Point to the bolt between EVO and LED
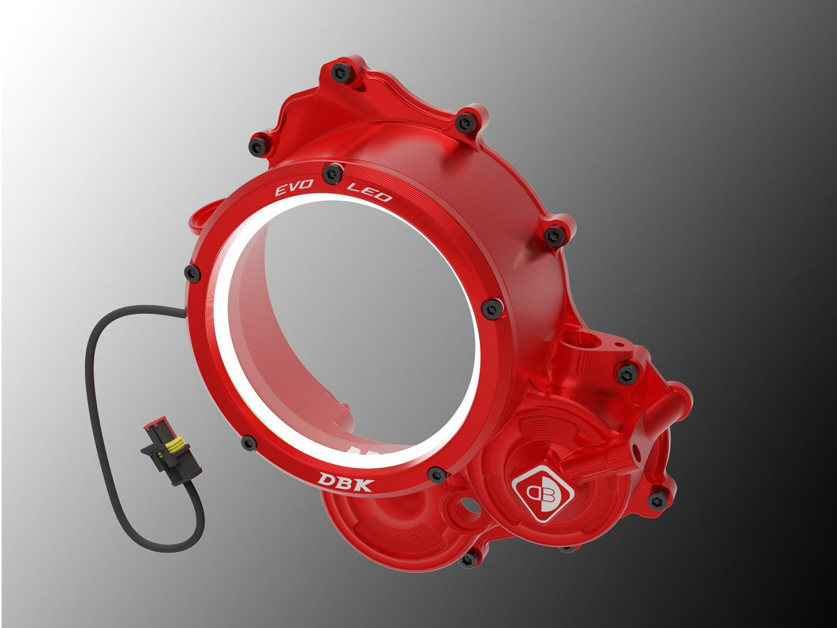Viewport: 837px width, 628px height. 333,172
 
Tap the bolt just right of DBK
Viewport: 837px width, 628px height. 437,474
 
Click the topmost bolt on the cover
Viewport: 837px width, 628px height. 342,71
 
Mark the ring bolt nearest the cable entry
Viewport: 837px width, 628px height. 192,273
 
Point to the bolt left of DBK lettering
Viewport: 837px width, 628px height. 249,442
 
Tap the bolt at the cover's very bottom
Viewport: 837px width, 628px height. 469,558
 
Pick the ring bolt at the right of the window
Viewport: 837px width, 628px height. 492,308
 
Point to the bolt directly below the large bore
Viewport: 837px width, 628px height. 627,373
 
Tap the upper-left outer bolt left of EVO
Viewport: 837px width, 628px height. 259,146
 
